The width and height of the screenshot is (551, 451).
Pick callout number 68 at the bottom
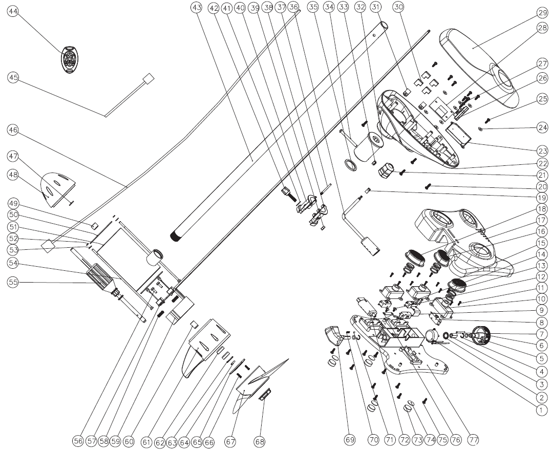(260, 440)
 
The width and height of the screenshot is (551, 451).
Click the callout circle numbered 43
(195, 7)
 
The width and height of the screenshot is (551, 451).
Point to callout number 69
(349, 440)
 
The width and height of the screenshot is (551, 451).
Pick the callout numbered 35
(313, 7)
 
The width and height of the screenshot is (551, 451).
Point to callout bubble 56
(77, 440)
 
